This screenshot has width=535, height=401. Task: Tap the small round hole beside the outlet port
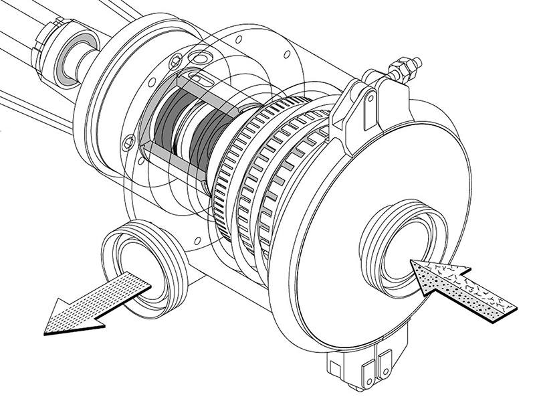197,239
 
